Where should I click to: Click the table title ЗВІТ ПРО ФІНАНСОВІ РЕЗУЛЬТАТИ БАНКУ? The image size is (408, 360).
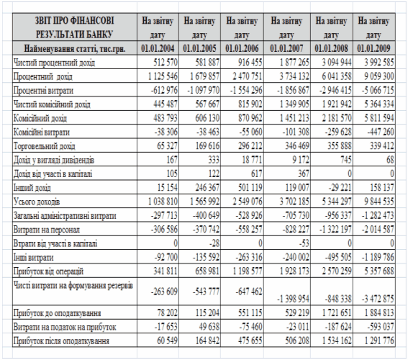click(75, 27)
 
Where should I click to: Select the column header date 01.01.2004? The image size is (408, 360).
click(158, 48)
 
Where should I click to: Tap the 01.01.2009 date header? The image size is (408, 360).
click(373, 48)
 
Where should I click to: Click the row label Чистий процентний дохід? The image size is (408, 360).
click(54, 63)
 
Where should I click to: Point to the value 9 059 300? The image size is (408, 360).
click(379, 76)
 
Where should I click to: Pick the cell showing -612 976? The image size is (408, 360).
click(164, 90)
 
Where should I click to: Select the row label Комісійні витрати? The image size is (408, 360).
click(42, 132)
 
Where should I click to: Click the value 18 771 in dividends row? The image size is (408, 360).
click(252, 160)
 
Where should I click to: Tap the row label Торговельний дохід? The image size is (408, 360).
click(44, 146)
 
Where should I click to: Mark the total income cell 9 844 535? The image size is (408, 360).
click(378, 202)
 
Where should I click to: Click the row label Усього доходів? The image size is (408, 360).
click(37, 202)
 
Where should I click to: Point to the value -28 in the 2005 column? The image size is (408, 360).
click(214, 243)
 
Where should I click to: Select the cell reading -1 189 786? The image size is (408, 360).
click(378, 258)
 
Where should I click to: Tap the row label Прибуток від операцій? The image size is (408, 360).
click(48, 271)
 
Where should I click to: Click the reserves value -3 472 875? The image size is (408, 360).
click(378, 299)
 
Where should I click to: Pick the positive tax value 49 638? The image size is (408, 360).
click(209, 326)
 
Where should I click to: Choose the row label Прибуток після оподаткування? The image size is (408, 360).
click(61, 341)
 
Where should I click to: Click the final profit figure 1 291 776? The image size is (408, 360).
click(379, 341)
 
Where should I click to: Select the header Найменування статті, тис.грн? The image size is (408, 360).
click(75, 48)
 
